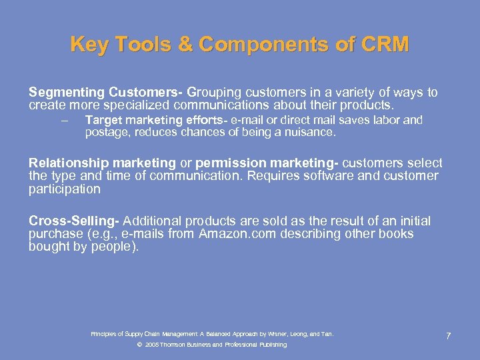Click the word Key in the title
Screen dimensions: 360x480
(89, 45)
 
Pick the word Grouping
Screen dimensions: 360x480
(213, 93)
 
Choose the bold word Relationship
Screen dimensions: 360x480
(68, 163)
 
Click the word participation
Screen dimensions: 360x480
(65, 189)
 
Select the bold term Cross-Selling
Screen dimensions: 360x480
(74, 221)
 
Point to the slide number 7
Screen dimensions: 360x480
(448, 335)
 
